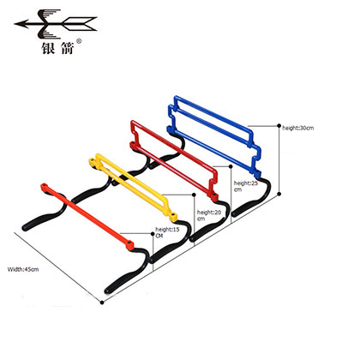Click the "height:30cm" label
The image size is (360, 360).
298,128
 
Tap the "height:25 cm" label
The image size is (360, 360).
245,186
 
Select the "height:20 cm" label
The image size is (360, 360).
209,215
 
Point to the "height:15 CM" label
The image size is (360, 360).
167,232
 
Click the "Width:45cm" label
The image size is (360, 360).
23,269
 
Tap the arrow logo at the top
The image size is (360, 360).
56,24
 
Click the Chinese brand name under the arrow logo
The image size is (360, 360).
57,48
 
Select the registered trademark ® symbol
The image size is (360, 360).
79,41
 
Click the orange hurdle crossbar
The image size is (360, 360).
87,217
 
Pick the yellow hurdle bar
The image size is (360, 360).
133,187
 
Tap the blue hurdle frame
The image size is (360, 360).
214,135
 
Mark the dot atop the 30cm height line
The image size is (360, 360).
279,125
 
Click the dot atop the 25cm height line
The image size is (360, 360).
231,166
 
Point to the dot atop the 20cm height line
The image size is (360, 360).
194,195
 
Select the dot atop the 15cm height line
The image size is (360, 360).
153,234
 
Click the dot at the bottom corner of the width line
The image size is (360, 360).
102,303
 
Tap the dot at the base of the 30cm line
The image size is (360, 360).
279,194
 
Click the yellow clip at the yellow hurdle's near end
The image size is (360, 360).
173,216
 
